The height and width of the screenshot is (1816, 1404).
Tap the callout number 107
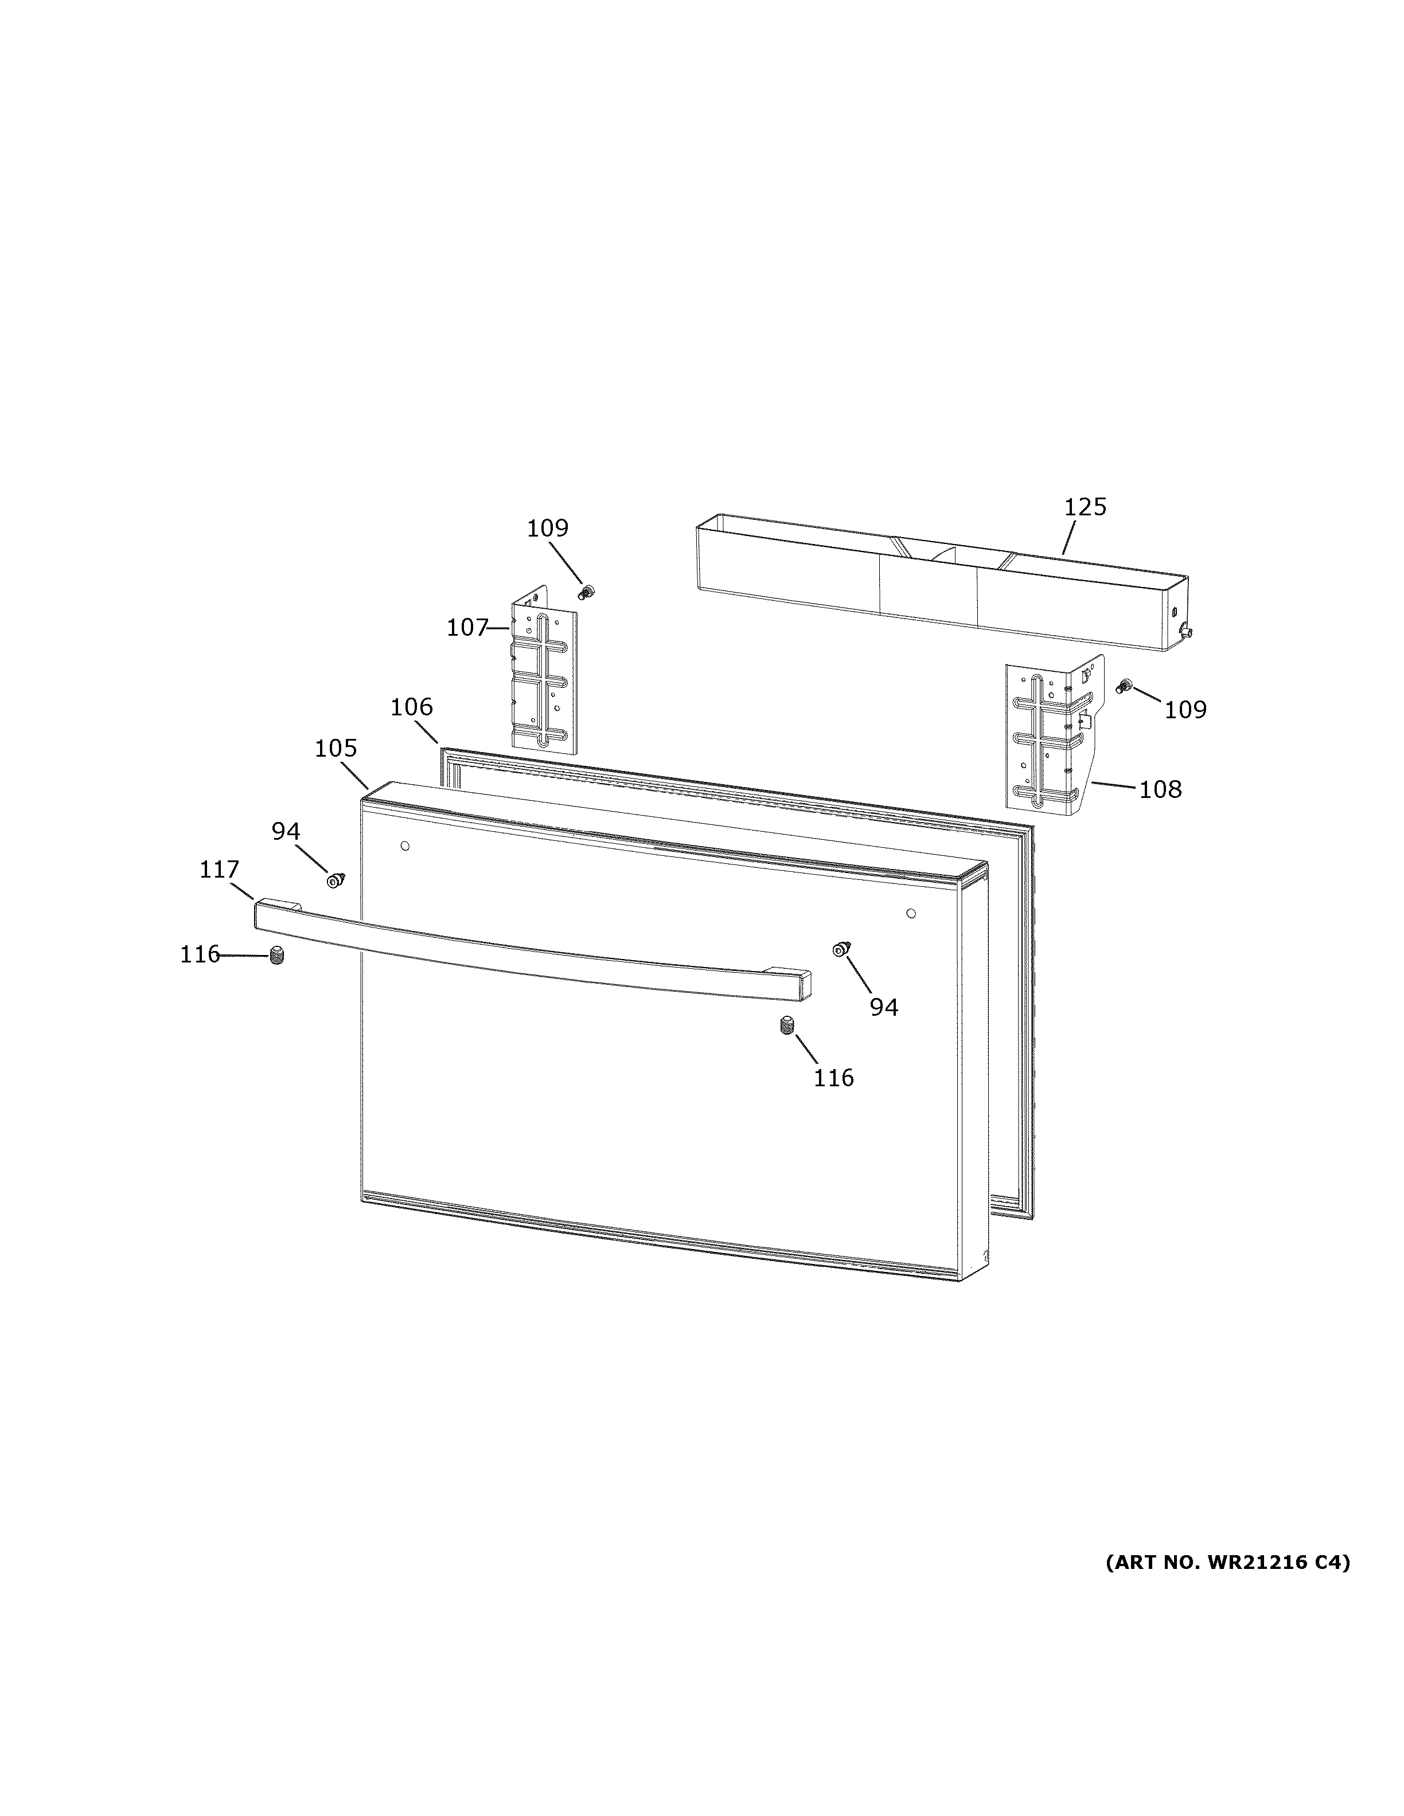pyautogui.click(x=467, y=628)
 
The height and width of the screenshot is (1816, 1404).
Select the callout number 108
pyautogui.click(x=1160, y=789)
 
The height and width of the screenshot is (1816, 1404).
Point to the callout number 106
pyautogui.click(x=412, y=707)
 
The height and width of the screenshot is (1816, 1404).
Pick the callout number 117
pyautogui.click(x=219, y=870)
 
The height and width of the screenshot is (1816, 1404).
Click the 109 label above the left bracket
pyautogui.click(x=547, y=528)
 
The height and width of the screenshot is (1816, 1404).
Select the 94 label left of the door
pyautogui.click(x=285, y=831)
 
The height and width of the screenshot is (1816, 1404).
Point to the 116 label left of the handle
pyautogui.click(x=200, y=954)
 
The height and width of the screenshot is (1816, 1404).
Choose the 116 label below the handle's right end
pyautogui.click(x=833, y=1078)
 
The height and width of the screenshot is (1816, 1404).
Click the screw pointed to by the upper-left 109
pyautogui.click(x=587, y=592)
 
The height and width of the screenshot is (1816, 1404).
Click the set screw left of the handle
pyautogui.click(x=278, y=957)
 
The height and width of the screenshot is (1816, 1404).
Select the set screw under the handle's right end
pyautogui.click(x=787, y=1026)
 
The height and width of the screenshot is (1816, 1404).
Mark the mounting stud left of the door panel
pyautogui.click(x=335, y=880)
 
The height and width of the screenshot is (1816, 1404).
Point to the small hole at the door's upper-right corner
pyautogui.click(x=911, y=913)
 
